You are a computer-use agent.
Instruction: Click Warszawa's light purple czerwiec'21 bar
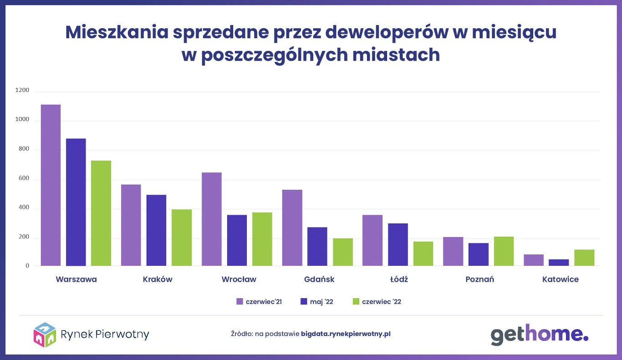(51, 185)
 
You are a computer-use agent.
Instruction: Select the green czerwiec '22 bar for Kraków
(182, 237)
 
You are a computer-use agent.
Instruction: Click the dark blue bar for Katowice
(559, 262)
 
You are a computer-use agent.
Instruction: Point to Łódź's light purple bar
(372, 240)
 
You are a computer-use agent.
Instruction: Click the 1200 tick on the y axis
(22, 90)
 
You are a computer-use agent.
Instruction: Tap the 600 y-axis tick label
(24, 179)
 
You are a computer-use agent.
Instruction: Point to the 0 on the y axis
(27, 266)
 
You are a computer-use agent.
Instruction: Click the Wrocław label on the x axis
(239, 279)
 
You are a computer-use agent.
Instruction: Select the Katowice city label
(561, 279)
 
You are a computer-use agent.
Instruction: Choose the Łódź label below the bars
(399, 279)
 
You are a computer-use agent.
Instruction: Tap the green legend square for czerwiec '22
(356, 301)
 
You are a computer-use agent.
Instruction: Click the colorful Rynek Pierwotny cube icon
(45, 335)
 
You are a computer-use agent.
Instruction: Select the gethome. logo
(539, 334)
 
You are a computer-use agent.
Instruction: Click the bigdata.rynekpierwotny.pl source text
(346, 334)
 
